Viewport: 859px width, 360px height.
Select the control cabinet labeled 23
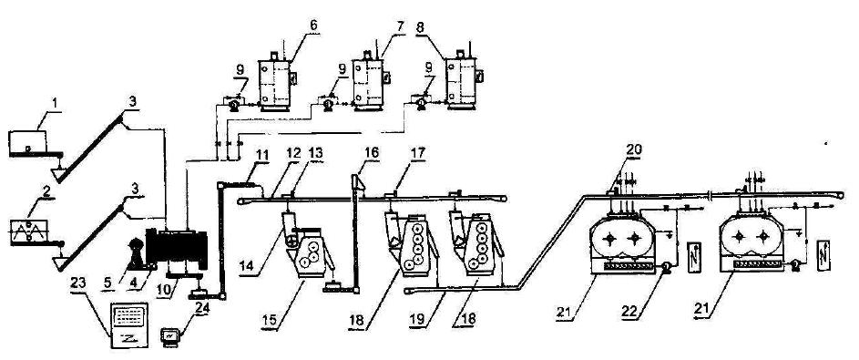tap(130, 324)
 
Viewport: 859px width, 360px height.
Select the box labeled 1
tap(27, 143)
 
